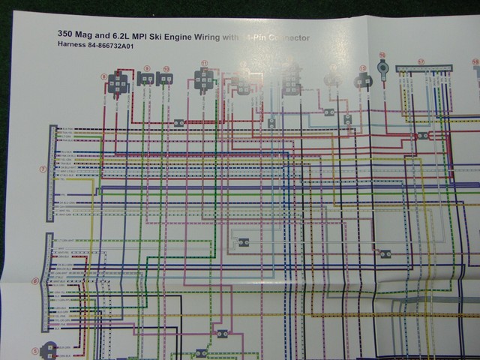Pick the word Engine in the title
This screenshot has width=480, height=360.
pos(199,34)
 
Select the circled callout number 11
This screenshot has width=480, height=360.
pos(205,64)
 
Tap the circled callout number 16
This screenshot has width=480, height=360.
pos(382,55)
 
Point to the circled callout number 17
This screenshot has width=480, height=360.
pos(421,62)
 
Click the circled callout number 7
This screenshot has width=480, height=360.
pos(43,169)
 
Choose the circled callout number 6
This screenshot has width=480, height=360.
pos(35,282)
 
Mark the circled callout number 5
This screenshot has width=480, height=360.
pos(34,350)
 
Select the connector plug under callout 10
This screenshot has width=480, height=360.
pos(165,79)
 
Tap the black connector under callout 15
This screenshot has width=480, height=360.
pos(364,80)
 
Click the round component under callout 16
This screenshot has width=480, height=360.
pos(382,69)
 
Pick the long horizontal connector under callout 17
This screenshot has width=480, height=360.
pos(424,70)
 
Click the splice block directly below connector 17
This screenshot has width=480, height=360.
pos(423,136)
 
